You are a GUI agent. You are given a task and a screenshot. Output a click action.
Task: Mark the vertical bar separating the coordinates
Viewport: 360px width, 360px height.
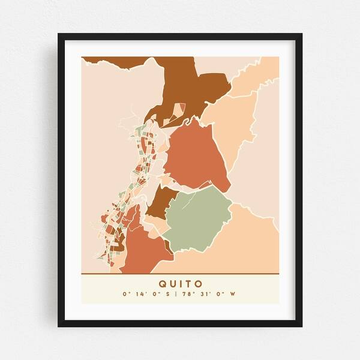180,295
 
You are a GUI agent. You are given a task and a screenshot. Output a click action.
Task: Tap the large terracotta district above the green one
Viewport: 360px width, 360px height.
195,156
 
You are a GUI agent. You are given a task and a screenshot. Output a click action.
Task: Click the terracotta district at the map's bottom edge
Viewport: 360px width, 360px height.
144,252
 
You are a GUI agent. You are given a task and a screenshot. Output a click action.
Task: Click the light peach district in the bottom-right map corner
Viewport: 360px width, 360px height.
252,246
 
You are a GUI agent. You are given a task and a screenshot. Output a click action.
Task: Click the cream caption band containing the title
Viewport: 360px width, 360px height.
108,288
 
